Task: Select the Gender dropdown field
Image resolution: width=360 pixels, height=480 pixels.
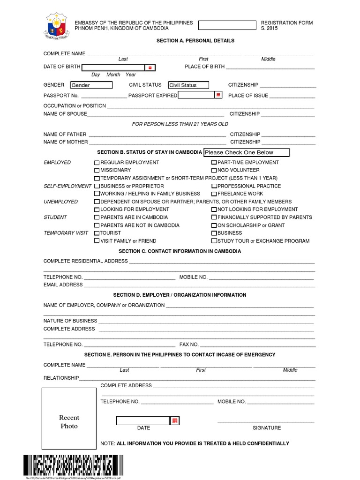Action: tap(91, 85)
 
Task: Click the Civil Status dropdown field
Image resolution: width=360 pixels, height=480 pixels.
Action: tap(189, 85)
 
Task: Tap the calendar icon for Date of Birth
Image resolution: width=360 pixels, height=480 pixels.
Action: tap(150, 67)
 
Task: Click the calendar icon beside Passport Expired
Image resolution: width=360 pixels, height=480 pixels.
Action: tap(218, 95)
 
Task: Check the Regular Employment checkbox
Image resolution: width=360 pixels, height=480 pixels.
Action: tap(97, 163)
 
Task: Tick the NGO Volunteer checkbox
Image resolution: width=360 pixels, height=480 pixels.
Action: tap(214, 170)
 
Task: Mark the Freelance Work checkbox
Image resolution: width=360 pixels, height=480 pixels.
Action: tap(214, 194)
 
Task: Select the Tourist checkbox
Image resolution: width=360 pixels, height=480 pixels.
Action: tap(97, 233)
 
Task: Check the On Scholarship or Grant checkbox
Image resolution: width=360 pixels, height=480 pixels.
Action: tap(214, 225)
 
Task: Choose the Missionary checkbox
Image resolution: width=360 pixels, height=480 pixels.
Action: tap(97, 170)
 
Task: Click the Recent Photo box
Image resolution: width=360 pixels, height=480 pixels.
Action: tap(69, 421)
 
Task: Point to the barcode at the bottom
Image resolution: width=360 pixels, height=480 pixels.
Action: tap(67, 466)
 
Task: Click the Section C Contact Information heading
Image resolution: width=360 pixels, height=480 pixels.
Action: tap(180, 251)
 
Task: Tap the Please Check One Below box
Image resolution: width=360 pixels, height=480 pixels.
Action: tap(246, 152)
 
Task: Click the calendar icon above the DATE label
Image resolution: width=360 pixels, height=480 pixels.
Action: tap(175, 420)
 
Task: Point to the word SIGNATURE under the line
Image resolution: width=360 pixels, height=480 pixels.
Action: tap(267, 427)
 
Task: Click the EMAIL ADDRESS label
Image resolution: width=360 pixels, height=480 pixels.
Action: tap(63, 285)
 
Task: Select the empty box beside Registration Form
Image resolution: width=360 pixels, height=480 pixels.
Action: tap(228, 25)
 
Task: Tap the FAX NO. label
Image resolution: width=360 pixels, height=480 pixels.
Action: tap(189, 344)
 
